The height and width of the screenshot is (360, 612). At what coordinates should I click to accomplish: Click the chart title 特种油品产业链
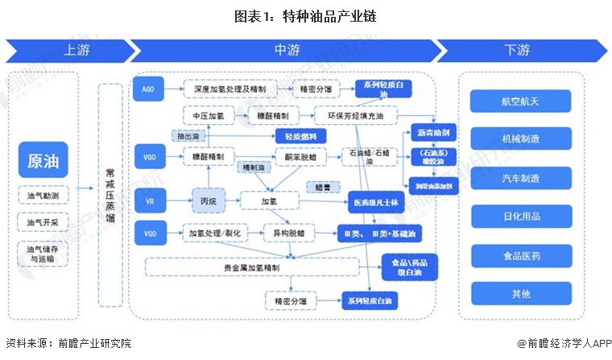pyautogui.click(x=305, y=15)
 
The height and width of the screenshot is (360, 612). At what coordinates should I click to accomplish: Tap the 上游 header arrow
pyautogui.click(x=71, y=50)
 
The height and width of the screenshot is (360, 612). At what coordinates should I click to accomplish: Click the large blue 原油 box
pyautogui.click(x=43, y=159)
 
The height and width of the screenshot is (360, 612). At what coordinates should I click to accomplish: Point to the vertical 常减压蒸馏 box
pyautogui.click(x=110, y=195)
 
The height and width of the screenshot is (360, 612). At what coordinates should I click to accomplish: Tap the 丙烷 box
pyautogui.click(x=208, y=199)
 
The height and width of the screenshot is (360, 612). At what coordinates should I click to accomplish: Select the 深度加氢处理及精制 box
pyautogui.click(x=229, y=89)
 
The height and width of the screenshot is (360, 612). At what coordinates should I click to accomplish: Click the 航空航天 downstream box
pyautogui.click(x=520, y=101)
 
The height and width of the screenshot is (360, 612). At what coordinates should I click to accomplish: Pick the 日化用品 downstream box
pyautogui.click(x=520, y=217)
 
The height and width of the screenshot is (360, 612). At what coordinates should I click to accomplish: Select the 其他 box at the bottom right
pyautogui.click(x=520, y=294)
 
